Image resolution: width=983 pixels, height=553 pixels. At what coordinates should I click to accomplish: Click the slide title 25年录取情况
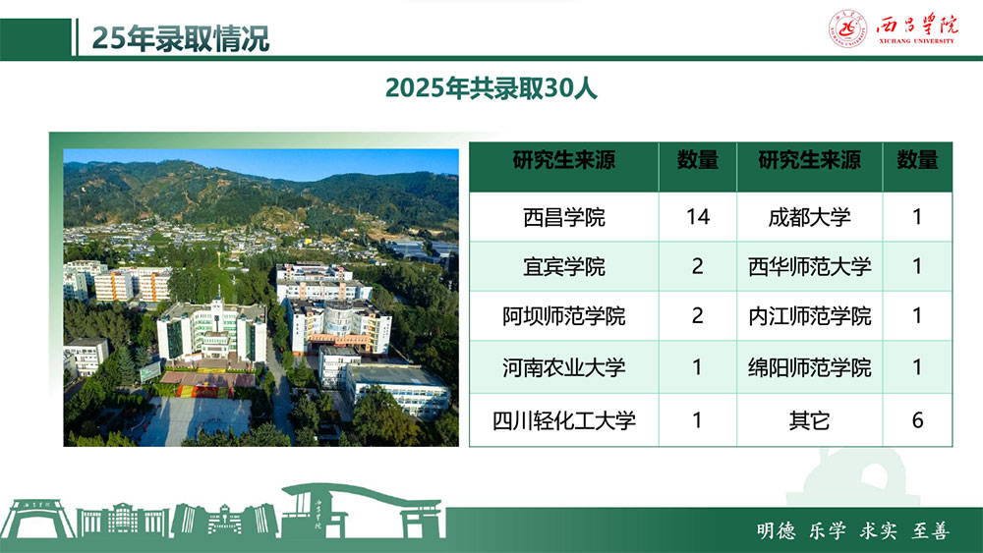pyautogui.click(x=181, y=38)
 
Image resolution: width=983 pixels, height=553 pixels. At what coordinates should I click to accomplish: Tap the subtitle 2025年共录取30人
pyautogui.click(x=491, y=88)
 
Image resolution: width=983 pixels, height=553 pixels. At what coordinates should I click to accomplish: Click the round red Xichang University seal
pyautogui.click(x=847, y=28)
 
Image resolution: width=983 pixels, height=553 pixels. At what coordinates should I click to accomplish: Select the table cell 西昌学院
pyautogui.click(x=563, y=217)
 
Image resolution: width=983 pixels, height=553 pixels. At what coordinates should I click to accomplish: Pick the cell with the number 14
pyautogui.click(x=698, y=217)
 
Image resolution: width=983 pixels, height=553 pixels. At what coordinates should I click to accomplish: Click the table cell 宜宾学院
pyautogui.click(x=563, y=267)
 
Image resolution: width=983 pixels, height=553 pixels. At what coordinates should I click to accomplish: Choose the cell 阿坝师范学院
pyautogui.click(x=563, y=316)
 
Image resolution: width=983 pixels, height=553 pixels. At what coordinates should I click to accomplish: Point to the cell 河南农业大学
pyautogui.click(x=563, y=367)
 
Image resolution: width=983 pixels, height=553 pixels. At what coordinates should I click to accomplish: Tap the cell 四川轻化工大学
pyautogui.click(x=563, y=420)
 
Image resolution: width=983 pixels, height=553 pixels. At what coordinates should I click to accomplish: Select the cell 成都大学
pyautogui.click(x=809, y=217)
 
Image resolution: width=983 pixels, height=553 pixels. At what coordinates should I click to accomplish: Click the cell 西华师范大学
pyautogui.click(x=809, y=267)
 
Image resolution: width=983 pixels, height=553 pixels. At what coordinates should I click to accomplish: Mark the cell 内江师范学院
pyautogui.click(x=809, y=316)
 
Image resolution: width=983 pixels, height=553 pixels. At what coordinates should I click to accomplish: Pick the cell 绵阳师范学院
pyautogui.click(x=809, y=367)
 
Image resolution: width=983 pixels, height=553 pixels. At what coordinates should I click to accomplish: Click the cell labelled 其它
pyautogui.click(x=809, y=420)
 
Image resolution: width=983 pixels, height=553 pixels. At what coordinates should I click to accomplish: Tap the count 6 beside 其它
pyautogui.click(x=917, y=419)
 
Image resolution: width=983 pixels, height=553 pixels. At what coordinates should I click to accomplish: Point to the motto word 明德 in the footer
pyautogui.click(x=776, y=531)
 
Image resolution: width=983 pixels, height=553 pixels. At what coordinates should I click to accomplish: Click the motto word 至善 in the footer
pyautogui.click(x=930, y=531)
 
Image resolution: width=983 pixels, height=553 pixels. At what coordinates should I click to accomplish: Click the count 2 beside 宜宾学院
pyautogui.click(x=697, y=266)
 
